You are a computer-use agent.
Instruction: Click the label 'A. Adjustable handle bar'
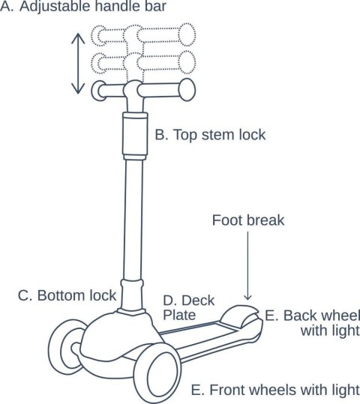(x=83, y=6)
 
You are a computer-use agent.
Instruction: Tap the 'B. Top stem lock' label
(x=210, y=135)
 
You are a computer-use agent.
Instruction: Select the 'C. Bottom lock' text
(x=67, y=295)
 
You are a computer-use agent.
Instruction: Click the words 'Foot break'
(x=248, y=220)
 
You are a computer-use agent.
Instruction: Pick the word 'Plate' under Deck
(x=179, y=315)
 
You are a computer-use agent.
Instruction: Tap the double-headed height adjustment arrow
(x=78, y=64)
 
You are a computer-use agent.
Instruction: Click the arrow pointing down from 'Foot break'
(x=247, y=266)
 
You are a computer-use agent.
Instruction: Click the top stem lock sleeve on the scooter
(x=135, y=136)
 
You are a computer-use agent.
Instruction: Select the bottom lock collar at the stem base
(x=132, y=296)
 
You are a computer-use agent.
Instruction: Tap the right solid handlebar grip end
(x=187, y=90)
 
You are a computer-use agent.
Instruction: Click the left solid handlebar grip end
(x=98, y=91)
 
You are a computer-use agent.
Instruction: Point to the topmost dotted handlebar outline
(x=143, y=35)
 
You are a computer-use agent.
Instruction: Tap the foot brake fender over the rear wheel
(x=240, y=316)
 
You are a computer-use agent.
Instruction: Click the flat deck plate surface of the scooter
(x=199, y=335)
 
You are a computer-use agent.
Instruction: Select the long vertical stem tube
(x=133, y=219)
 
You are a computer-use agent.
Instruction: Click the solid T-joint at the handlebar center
(x=133, y=94)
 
